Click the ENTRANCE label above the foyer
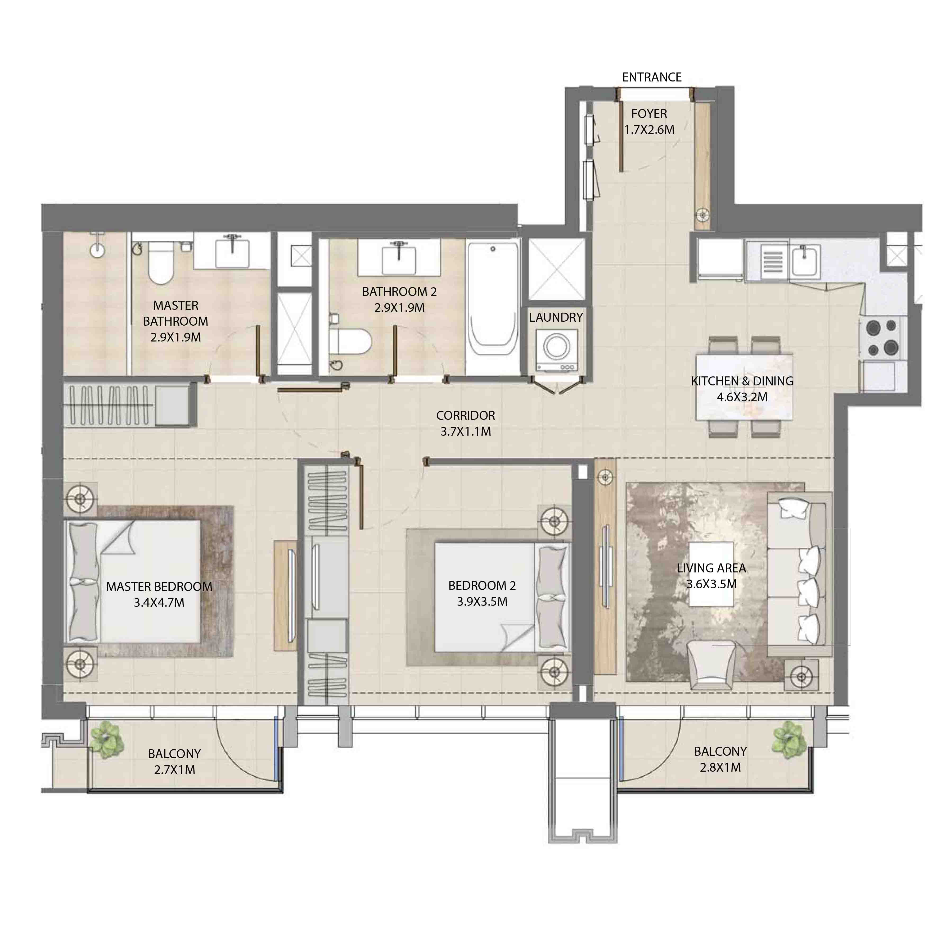click(x=651, y=77)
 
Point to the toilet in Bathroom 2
click(x=349, y=341)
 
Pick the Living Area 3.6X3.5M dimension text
click(x=711, y=584)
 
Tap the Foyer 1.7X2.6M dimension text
click(x=649, y=130)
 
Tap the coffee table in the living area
click(x=711, y=575)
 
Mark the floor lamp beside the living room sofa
click(x=801, y=677)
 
